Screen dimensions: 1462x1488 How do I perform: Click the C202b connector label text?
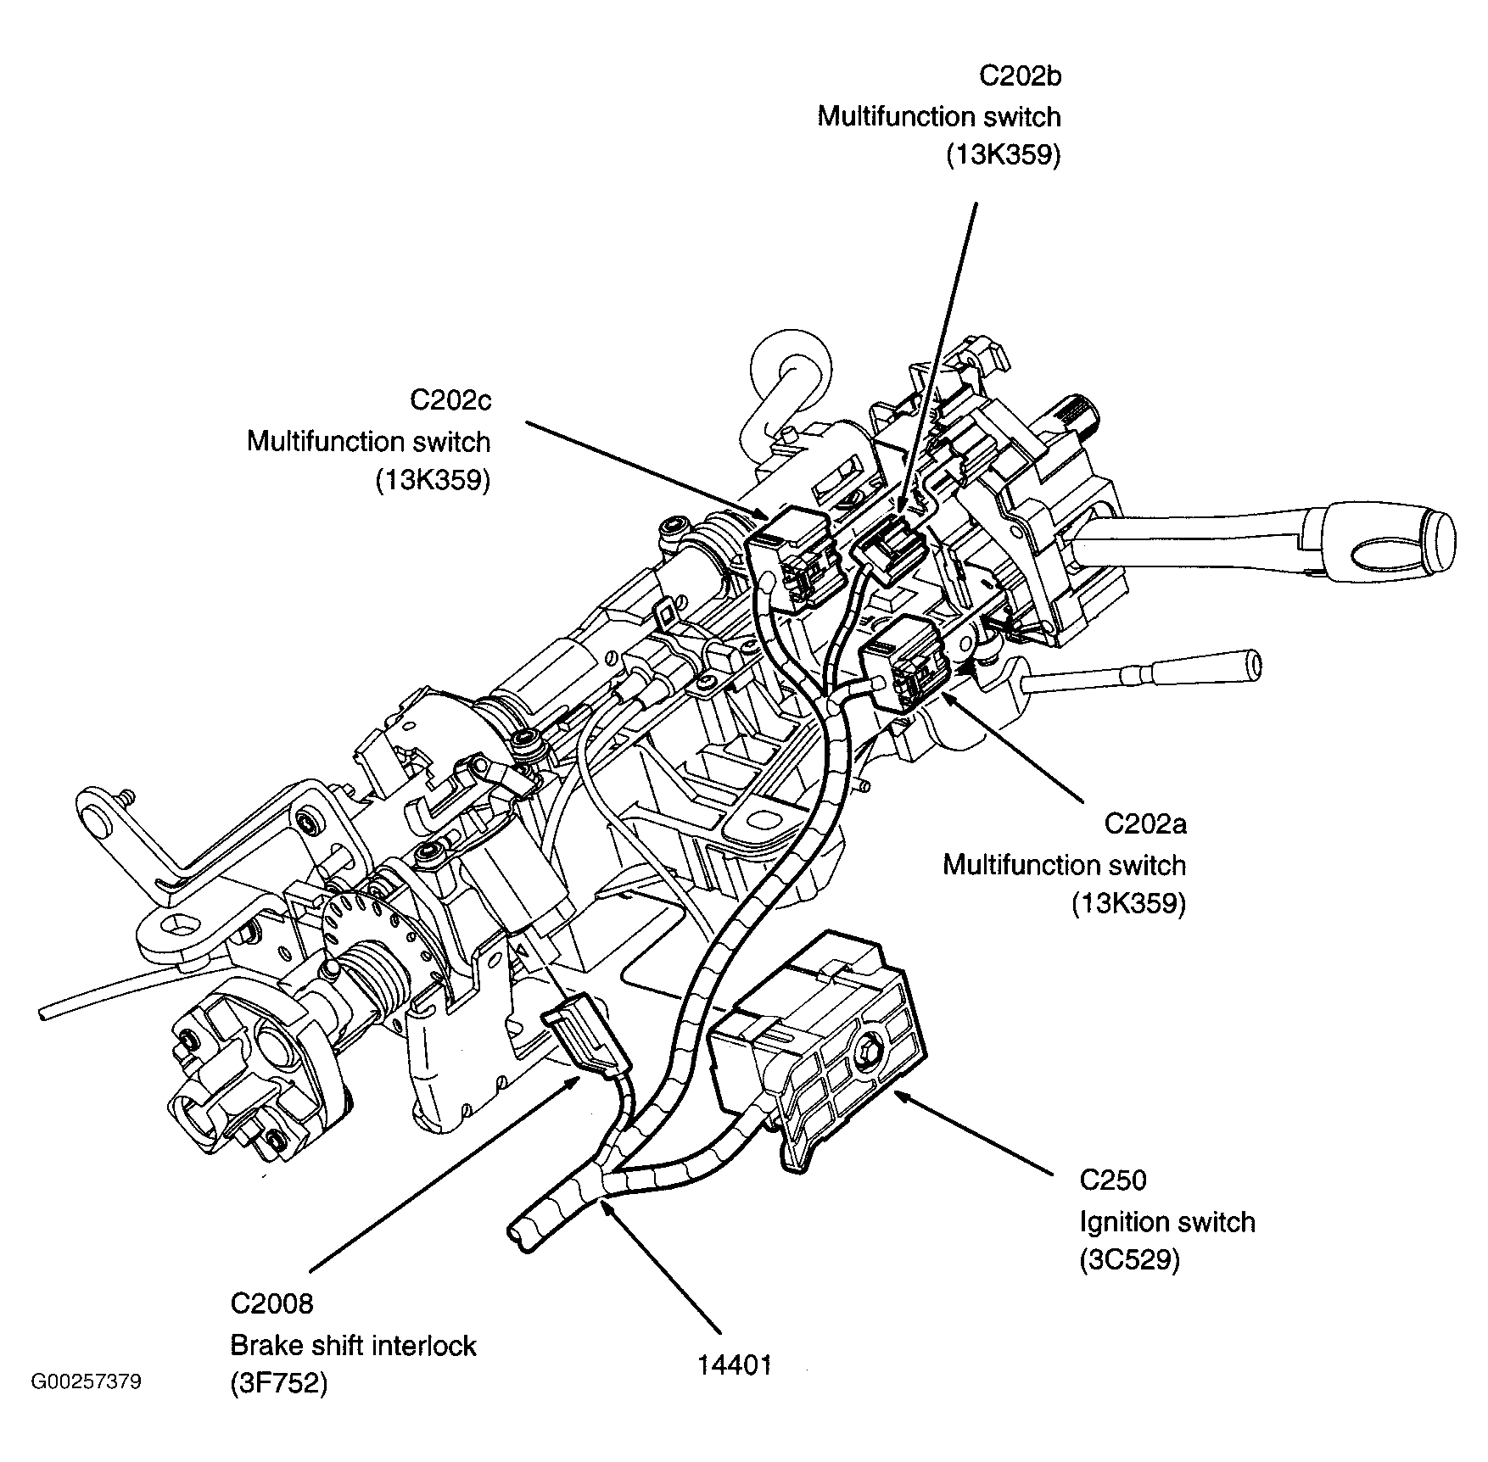(1020, 76)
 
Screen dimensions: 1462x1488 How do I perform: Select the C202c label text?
(450, 400)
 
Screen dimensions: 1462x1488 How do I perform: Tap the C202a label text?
(1144, 824)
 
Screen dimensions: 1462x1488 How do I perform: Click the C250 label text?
(1112, 1180)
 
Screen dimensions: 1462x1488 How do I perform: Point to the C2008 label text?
(271, 1303)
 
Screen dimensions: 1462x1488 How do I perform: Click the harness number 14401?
(735, 1364)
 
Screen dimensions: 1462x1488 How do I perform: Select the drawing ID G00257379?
(87, 1382)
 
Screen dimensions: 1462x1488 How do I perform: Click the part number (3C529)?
(1129, 1261)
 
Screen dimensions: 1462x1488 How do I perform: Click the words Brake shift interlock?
(353, 1345)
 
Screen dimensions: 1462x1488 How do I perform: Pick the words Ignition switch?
(1166, 1222)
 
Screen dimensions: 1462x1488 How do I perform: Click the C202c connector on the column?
(793, 555)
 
